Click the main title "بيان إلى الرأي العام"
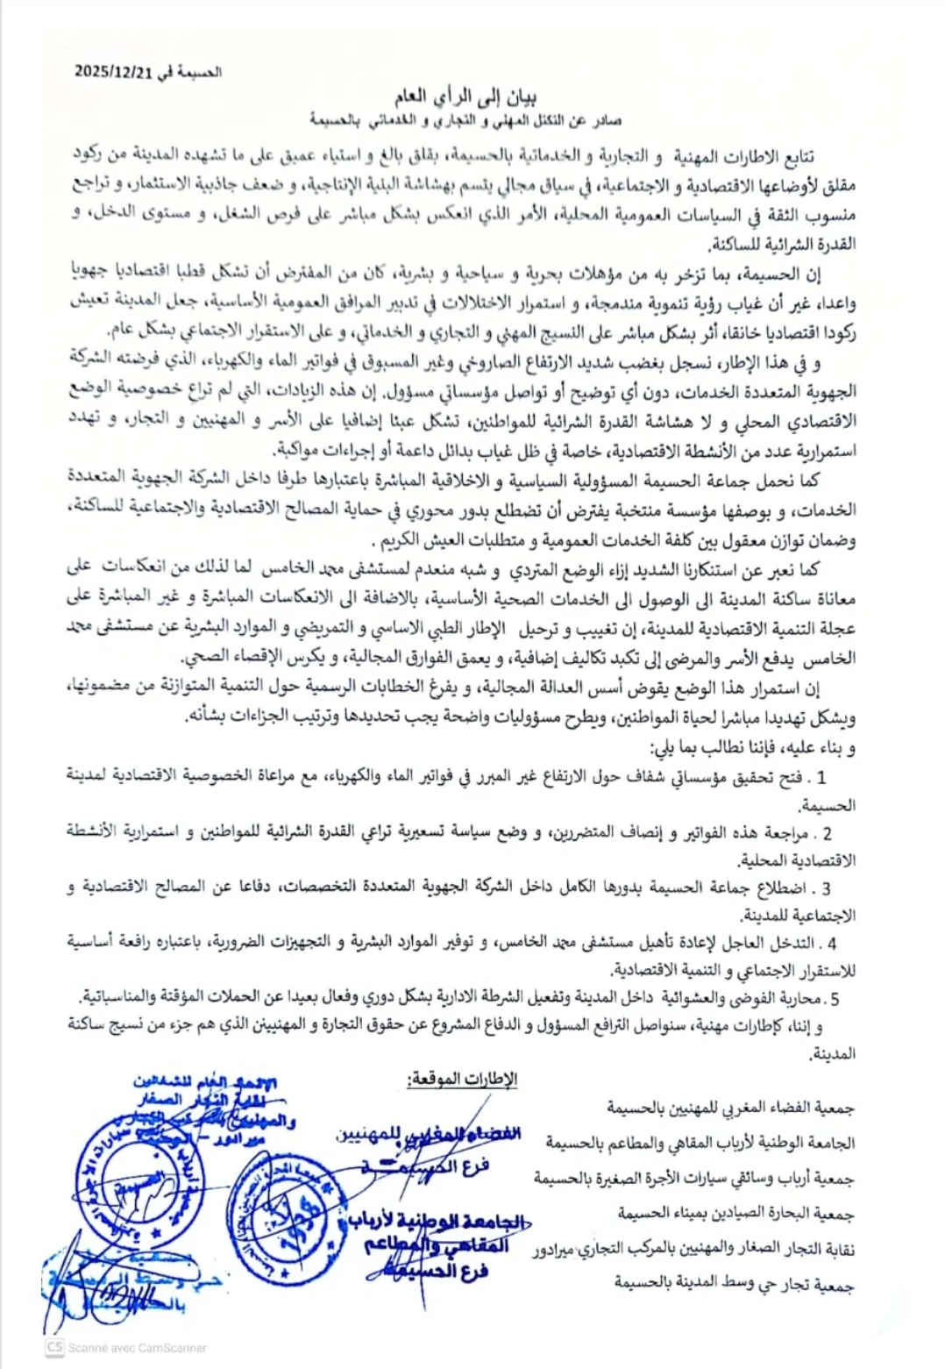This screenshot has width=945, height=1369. click(x=465, y=96)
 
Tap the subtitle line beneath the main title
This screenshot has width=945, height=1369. click(x=465, y=119)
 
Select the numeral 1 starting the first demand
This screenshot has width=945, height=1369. click(x=821, y=777)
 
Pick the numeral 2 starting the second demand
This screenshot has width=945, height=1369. click(x=827, y=834)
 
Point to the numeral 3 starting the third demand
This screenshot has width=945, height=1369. click(x=826, y=889)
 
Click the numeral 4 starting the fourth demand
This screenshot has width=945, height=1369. click(x=831, y=944)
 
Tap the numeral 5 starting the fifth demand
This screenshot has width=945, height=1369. click(x=835, y=999)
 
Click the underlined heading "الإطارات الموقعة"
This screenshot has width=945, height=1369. click(x=462, y=1080)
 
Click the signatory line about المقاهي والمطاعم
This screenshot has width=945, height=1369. click(x=700, y=1144)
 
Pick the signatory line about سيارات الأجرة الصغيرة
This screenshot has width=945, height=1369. click(x=693, y=1180)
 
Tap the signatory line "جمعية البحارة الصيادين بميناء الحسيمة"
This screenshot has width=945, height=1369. click(x=735, y=1215)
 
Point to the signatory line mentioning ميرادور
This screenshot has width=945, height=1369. click(x=693, y=1251)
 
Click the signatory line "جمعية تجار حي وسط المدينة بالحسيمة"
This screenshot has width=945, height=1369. click(x=734, y=1285)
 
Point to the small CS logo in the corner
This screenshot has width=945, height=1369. click(x=55, y=1348)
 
